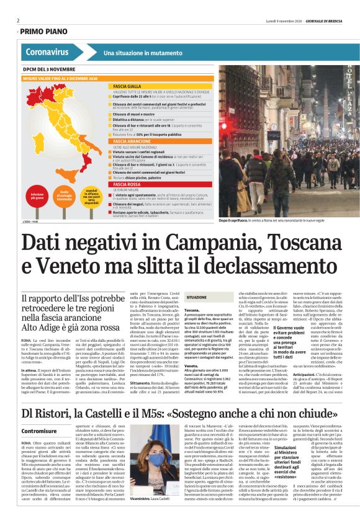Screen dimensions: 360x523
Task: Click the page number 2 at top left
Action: pyautogui.click(x=18, y=19)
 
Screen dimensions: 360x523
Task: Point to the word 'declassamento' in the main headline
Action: pyautogui.click(x=261, y=266)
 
